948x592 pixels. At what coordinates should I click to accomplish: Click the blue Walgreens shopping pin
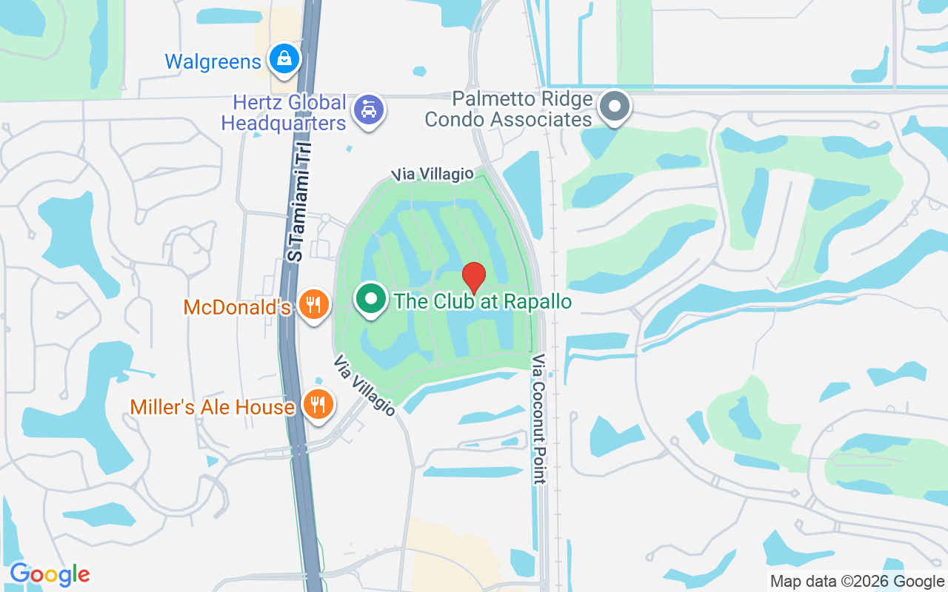(284, 58)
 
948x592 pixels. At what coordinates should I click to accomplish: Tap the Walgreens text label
(213, 61)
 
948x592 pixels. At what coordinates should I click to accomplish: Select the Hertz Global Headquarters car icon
(368, 110)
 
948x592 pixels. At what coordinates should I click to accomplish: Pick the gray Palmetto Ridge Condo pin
(614, 107)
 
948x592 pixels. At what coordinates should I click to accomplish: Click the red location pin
(474, 277)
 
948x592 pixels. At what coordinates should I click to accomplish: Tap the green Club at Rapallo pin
(371, 299)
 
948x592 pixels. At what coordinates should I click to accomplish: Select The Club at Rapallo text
(483, 302)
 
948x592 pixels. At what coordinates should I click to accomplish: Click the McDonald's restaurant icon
(314, 303)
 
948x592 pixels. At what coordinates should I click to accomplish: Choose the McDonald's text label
(237, 307)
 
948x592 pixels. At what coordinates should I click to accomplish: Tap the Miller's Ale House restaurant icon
(318, 404)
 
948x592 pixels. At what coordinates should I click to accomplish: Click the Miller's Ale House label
(213, 407)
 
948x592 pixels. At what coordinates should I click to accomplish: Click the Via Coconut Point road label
(538, 419)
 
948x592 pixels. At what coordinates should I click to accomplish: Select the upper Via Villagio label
(433, 174)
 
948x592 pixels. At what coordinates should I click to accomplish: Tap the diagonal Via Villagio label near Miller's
(364, 386)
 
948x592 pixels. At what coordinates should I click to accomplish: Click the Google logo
(50, 574)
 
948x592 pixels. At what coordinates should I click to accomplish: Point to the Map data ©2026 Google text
(857, 582)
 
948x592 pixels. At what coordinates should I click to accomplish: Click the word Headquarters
(284, 123)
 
